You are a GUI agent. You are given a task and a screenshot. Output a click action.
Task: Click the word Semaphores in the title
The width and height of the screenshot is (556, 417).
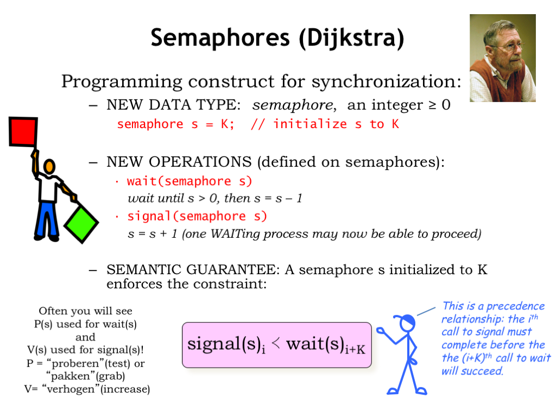(x=220, y=38)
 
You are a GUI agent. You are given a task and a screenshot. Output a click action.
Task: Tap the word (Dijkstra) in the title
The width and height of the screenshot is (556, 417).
(x=351, y=38)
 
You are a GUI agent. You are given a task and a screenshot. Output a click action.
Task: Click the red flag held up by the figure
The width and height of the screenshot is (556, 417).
(x=23, y=131)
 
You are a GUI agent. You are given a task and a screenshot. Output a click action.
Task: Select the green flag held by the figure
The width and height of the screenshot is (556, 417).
(x=81, y=225)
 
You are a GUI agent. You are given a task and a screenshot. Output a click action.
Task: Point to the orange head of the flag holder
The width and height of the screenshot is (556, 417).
(x=49, y=166)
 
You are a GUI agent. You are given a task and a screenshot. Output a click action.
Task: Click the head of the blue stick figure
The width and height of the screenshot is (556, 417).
(x=407, y=323)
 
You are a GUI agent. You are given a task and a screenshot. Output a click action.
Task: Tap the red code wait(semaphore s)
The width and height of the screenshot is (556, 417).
(x=189, y=181)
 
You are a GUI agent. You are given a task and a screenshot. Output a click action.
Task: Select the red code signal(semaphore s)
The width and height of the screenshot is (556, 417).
(x=197, y=216)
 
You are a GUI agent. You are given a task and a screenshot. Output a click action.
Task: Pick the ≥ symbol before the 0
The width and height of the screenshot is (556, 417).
(x=433, y=105)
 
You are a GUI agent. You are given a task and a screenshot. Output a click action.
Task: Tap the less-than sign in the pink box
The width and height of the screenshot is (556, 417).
(x=276, y=343)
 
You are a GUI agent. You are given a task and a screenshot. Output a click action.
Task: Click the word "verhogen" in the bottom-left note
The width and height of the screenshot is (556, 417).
(x=71, y=389)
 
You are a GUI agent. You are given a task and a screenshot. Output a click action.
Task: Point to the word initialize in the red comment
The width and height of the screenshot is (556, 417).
(x=310, y=124)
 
